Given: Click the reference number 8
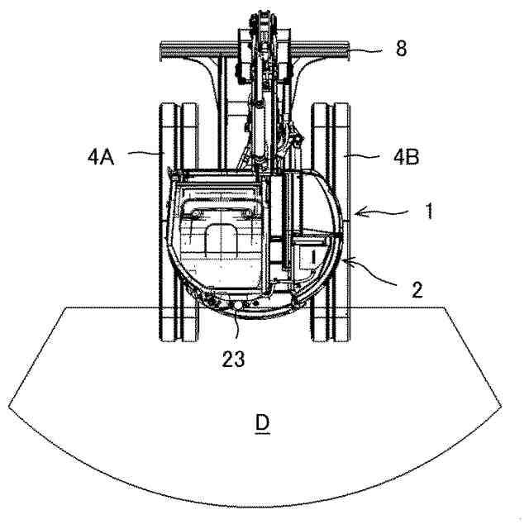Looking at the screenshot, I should [x=401, y=49].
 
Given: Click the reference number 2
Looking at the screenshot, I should [x=416, y=289].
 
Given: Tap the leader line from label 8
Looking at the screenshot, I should [x=369, y=51].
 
